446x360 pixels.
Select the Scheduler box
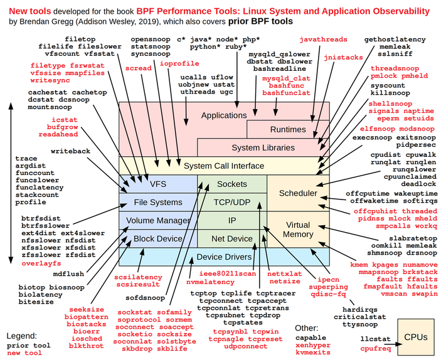click(298, 193)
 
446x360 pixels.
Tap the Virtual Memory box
click(298, 230)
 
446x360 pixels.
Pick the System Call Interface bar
click(224, 166)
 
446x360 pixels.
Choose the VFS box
click(158, 184)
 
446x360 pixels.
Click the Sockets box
click(231, 184)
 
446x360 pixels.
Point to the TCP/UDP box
click(231, 203)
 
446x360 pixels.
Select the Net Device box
click(231, 238)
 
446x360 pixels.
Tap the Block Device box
click(158, 238)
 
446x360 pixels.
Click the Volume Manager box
click(158, 221)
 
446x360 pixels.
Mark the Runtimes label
click(288, 130)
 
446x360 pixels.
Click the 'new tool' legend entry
click(25, 353)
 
